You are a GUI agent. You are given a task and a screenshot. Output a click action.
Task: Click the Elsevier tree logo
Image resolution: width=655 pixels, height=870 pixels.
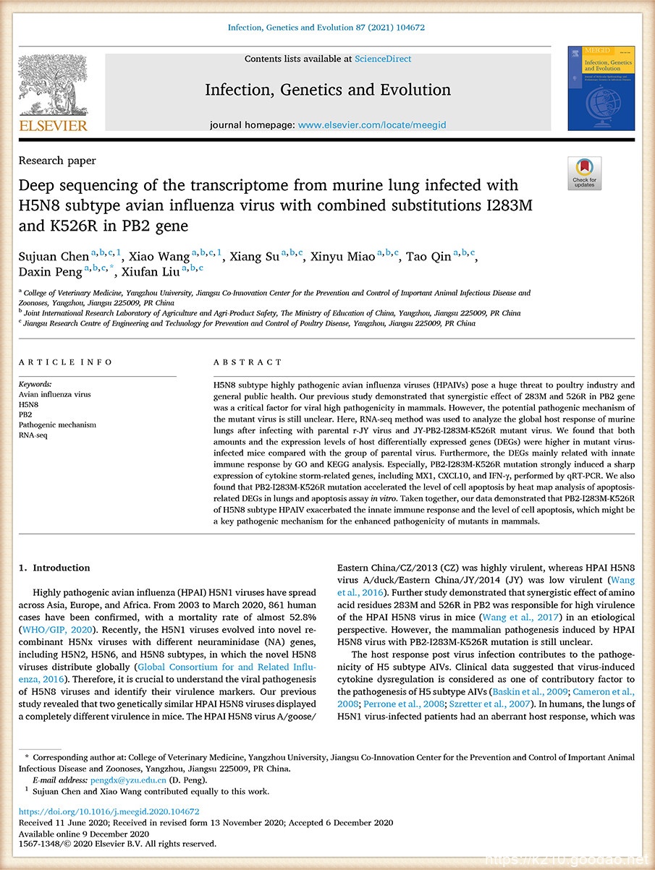[52, 85]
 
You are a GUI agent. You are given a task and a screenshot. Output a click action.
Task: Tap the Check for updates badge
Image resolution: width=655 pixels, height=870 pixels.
[584, 173]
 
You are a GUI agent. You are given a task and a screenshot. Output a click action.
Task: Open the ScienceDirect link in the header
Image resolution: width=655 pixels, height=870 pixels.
[383, 59]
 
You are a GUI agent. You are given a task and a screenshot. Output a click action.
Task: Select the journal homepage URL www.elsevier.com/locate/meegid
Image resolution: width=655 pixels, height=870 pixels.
[372, 124]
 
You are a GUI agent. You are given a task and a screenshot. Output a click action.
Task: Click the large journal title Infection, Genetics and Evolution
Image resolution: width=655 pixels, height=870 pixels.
[328, 90]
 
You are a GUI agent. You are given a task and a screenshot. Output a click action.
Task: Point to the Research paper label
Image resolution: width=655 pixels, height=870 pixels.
[57, 161]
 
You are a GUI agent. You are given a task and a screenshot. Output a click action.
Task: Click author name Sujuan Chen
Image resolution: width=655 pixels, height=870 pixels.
[54, 257]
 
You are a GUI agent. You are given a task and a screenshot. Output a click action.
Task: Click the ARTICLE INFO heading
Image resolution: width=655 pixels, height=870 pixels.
[66, 362]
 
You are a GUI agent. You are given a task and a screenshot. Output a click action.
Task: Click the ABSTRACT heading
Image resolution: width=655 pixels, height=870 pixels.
[248, 362]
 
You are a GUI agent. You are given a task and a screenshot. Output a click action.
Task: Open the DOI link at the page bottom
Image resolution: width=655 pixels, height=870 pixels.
[109, 812]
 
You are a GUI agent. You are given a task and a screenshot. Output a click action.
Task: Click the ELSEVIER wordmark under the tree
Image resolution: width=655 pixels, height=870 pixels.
[52, 126]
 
